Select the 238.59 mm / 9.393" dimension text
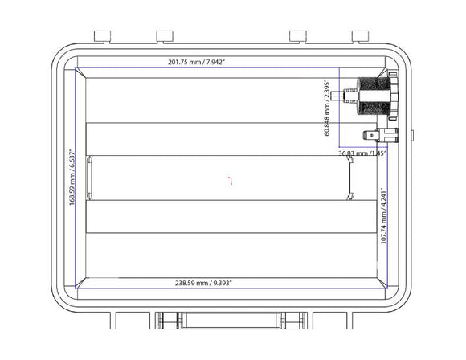click(204, 284)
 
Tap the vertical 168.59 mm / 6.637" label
click(72, 177)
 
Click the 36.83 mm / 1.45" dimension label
click(362, 153)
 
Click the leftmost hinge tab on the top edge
click(102, 35)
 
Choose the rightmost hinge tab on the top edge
click(361, 35)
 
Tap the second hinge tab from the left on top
click(166, 35)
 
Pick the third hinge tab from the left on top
click(297, 35)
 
